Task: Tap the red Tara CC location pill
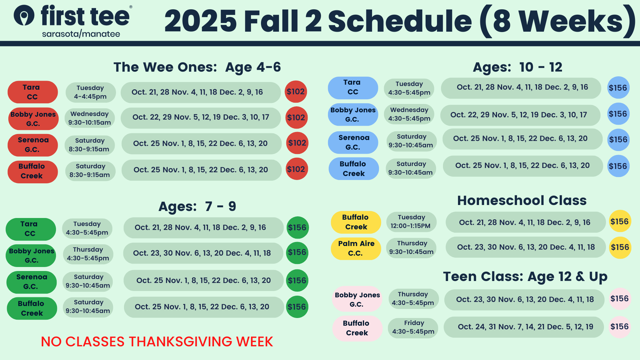pos(33,92)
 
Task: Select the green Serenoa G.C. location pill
pos(32,282)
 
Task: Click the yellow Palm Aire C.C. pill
pos(356,248)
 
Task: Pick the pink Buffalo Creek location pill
pos(357,328)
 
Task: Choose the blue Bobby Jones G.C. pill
pos(353,115)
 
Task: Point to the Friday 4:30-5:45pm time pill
pos(413,327)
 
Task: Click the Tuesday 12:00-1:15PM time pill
pos(411,222)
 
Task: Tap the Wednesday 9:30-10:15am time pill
pos(90,118)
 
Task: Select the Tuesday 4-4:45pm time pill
pos(91,92)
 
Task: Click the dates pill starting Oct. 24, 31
pos(524,327)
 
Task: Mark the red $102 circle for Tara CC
pos(296,92)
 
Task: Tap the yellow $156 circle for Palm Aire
pos(620,247)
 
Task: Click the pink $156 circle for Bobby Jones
pos(620,299)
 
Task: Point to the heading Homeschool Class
pos(522,201)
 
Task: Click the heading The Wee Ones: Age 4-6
pos(197,67)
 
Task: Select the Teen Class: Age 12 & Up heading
pos(525,277)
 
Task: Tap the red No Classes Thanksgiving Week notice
pos(157,342)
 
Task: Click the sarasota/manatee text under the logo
pos(81,34)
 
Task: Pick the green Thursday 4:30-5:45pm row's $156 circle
pos(297,253)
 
